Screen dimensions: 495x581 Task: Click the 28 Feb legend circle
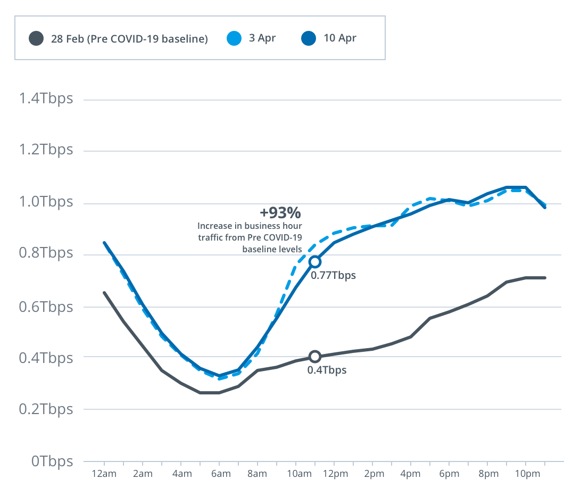click(x=36, y=38)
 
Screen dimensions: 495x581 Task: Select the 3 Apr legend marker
click(x=235, y=38)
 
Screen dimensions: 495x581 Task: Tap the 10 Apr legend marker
click(x=309, y=38)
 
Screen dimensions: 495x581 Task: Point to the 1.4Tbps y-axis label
click(x=45, y=99)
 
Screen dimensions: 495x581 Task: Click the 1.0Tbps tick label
click(x=45, y=203)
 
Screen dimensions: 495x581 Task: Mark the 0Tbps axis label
click(x=52, y=461)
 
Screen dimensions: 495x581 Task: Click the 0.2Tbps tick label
click(x=45, y=410)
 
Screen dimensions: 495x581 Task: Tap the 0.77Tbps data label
click(x=333, y=276)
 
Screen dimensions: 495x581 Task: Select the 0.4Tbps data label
click(x=327, y=370)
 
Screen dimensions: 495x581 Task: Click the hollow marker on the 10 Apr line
click(x=315, y=261)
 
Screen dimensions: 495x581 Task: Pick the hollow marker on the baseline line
click(x=315, y=357)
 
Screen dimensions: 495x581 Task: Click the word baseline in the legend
click(x=184, y=39)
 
